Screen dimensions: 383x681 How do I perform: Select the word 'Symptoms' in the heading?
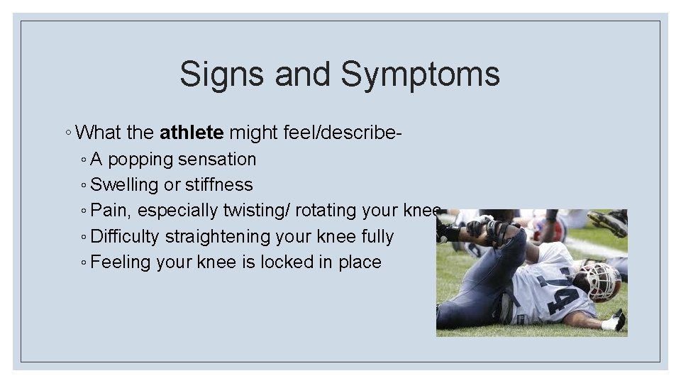[x=421, y=74]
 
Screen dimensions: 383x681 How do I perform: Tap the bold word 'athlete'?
[x=192, y=133]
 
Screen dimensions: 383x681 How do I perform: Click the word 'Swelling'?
[x=125, y=185]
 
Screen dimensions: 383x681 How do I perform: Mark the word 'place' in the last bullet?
[x=360, y=262]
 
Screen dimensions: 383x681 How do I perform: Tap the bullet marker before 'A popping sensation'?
[x=84, y=160]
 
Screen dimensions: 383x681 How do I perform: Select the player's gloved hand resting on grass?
[x=613, y=322]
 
